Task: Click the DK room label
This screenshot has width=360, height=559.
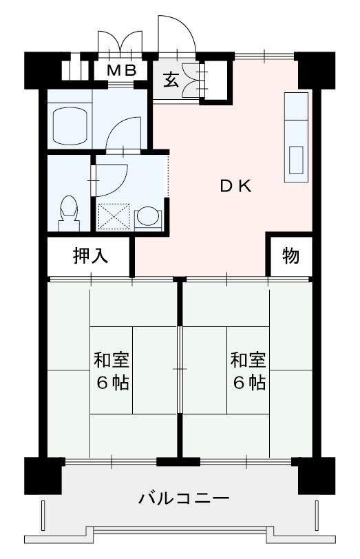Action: tap(236, 185)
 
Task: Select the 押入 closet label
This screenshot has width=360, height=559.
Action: tap(90, 256)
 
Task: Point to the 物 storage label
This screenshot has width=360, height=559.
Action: tap(290, 256)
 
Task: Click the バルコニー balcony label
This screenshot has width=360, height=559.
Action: tap(182, 496)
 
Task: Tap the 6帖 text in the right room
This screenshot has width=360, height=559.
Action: tap(248, 383)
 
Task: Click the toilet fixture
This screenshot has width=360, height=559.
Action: tap(68, 212)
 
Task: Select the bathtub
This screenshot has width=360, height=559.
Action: tap(69, 125)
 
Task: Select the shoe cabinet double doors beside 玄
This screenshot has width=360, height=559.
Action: tap(202, 80)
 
